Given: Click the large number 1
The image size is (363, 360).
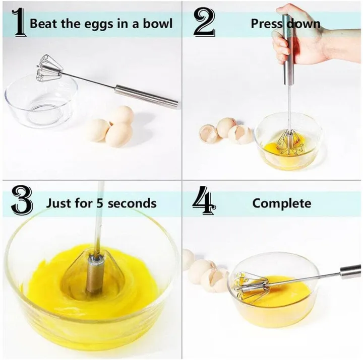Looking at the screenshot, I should (x=19, y=23).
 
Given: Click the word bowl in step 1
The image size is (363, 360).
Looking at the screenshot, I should (x=158, y=23).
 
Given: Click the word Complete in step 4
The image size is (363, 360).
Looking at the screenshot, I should (x=281, y=203).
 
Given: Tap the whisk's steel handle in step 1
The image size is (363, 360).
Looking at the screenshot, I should (x=146, y=96).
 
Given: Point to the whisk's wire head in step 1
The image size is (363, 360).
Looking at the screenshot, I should (x=49, y=68).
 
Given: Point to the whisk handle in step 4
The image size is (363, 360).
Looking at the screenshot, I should (x=350, y=272).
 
